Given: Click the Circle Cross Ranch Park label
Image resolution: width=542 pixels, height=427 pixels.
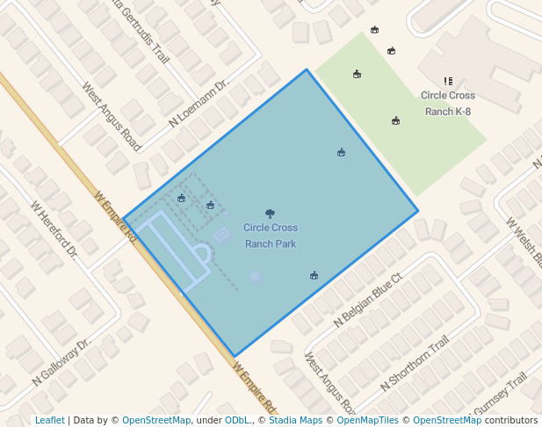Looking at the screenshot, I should [271, 235].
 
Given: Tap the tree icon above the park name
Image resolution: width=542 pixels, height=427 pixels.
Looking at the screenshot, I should [270, 213].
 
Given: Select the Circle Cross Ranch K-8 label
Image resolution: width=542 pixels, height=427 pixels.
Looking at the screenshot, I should [448, 103].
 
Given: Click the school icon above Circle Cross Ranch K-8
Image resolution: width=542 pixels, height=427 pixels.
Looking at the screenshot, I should [448, 81].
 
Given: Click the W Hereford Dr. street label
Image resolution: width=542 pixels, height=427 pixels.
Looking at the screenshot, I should [54, 230].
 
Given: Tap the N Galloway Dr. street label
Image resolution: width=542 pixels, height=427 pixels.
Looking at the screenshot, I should [61, 363].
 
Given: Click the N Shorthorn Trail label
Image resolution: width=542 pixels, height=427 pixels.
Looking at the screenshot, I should [415, 364].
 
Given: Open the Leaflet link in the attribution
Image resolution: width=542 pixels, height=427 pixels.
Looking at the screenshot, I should [50, 420].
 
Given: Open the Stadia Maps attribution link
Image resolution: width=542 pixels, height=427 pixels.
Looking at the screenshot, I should [295, 420].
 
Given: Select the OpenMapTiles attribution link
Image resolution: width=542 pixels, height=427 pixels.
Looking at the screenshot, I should [366, 420].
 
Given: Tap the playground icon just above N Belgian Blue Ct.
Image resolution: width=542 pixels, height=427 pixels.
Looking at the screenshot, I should [314, 276].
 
